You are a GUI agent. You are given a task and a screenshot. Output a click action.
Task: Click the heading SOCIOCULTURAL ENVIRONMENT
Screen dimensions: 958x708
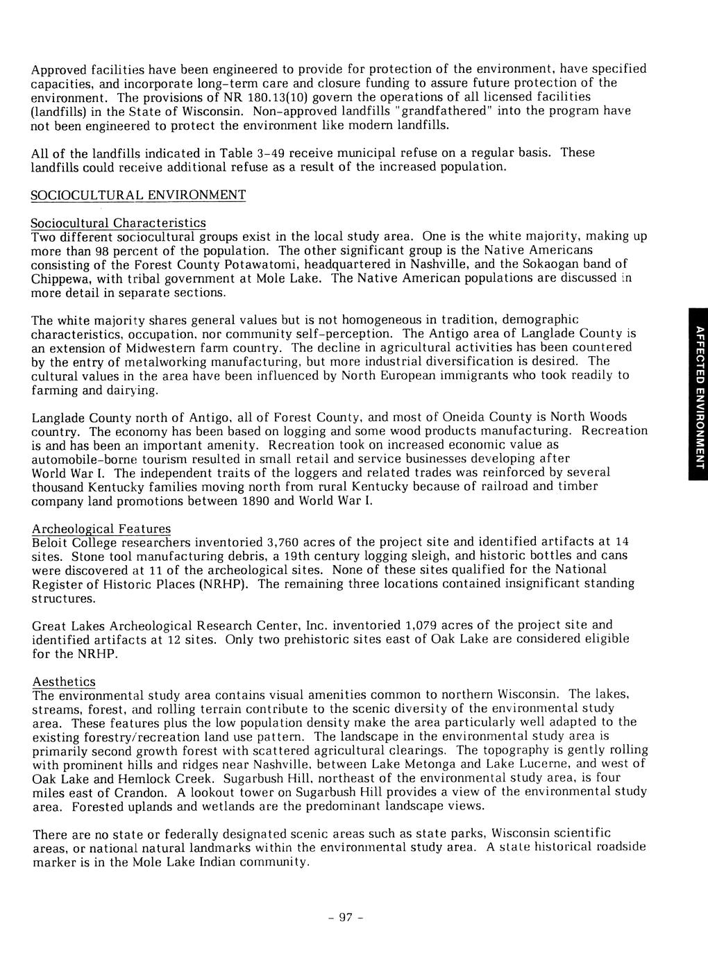point(139,195)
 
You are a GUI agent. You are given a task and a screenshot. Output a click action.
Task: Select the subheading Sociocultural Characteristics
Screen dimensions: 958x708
point(119,223)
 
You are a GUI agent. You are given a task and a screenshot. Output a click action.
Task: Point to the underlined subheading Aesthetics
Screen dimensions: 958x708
point(64,682)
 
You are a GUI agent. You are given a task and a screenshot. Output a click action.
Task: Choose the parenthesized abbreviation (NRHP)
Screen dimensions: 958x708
point(223,584)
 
